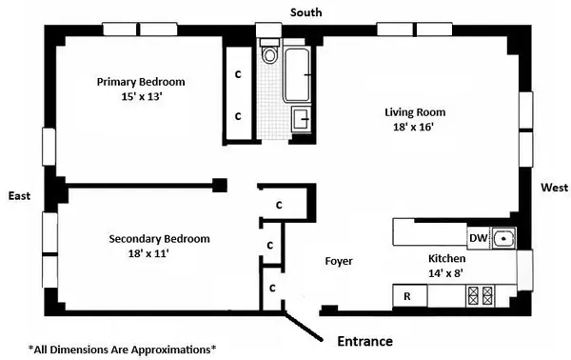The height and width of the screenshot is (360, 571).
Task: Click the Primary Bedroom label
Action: [140, 82]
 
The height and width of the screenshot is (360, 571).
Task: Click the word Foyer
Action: [339, 259]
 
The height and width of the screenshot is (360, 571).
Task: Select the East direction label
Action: [19, 195]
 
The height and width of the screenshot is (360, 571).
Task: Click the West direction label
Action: [554, 188]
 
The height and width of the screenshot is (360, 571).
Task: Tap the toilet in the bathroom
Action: [269, 53]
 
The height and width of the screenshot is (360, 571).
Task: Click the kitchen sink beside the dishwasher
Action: [502, 238]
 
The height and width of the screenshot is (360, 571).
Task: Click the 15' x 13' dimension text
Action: [140, 97]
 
